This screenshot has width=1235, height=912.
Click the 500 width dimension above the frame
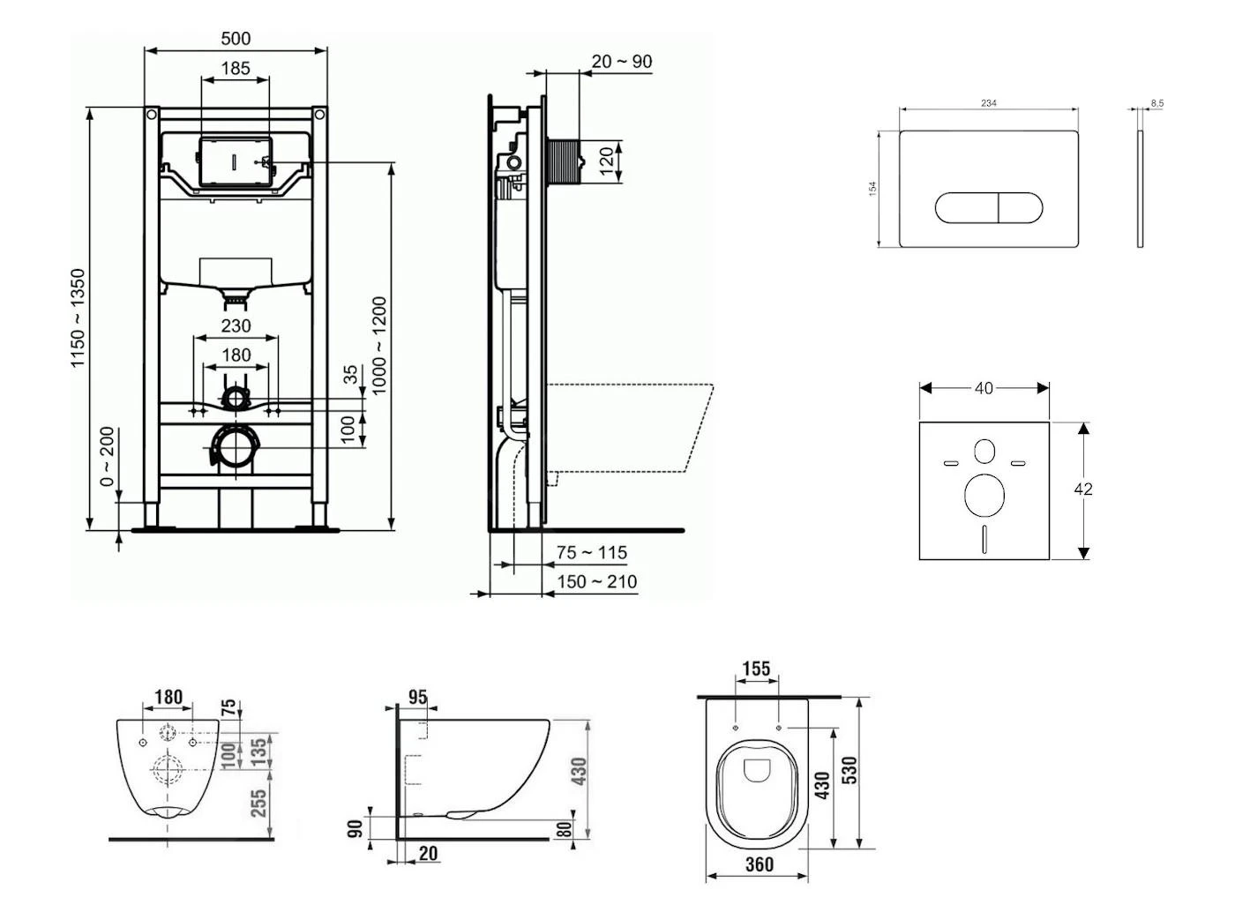(236, 38)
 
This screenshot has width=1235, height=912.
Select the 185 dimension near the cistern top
(236, 68)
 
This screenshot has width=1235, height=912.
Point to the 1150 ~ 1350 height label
(79, 318)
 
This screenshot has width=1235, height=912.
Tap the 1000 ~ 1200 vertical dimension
(378, 345)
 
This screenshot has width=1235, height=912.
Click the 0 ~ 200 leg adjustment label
(107, 457)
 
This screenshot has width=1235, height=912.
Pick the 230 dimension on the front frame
(236, 325)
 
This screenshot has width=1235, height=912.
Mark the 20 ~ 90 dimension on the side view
(621, 62)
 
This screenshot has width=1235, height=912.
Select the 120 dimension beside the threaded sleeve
(606, 161)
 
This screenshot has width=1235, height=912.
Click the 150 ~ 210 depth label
(596, 581)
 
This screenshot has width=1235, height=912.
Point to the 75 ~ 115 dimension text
(592, 552)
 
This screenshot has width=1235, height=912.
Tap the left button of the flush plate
(966, 207)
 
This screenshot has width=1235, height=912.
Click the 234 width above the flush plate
(989, 103)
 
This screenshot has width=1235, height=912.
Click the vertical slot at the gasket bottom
(984, 538)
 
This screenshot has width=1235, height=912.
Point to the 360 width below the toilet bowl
(759, 864)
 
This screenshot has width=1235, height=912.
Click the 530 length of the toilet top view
(850, 770)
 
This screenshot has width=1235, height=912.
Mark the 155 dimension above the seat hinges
(756, 669)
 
